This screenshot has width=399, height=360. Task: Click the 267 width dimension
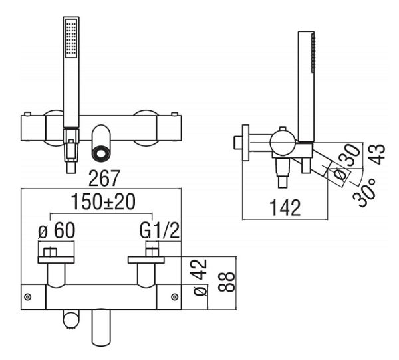[104, 178]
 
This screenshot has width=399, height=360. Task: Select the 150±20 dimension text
[103, 201]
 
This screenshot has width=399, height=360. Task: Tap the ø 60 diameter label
[57, 230]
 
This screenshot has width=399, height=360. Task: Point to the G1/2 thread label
[160, 230]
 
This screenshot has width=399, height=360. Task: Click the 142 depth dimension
[285, 208]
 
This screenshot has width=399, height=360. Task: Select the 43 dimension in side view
[377, 154]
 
